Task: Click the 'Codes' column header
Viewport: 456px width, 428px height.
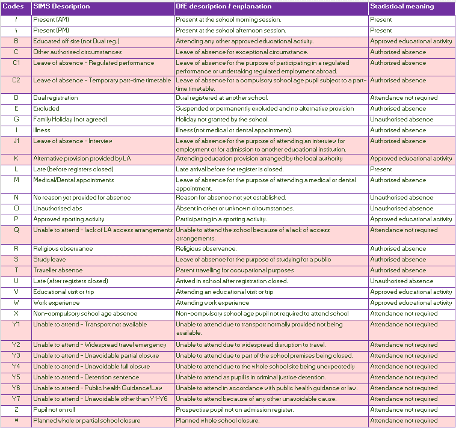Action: (13, 7)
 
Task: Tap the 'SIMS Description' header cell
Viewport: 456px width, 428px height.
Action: (61, 7)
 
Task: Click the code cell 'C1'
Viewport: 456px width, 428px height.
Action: (16, 63)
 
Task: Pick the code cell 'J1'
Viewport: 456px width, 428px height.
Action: (16, 141)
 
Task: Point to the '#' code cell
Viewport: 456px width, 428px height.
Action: (16, 420)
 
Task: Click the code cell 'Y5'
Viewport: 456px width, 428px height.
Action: (16, 377)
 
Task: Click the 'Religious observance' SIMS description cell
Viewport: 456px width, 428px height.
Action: (63, 248)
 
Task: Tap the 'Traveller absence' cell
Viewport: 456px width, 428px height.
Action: (58, 270)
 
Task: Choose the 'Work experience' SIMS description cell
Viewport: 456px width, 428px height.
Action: (57, 302)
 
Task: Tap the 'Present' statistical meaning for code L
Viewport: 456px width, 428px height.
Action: (381, 169)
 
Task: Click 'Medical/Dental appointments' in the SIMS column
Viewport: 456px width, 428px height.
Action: (73, 180)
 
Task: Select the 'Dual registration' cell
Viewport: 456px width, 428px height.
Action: (55, 97)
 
